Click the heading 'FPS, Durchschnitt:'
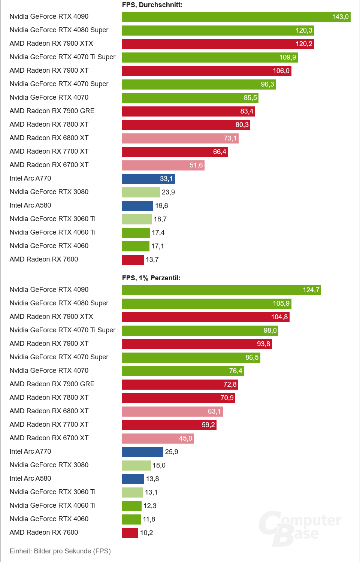(152, 5)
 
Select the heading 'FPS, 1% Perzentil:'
(151, 278)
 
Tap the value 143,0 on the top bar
(340, 17)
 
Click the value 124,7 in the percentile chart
(311, 290)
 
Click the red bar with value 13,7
(133, 260)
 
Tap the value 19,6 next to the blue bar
(161, 206)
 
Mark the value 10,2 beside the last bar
(146, 533)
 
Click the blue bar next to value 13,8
(133, 479)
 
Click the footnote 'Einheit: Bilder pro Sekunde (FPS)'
(60, 551)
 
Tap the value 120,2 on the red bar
(304, 44)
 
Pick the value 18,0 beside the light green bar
(159, 465)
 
